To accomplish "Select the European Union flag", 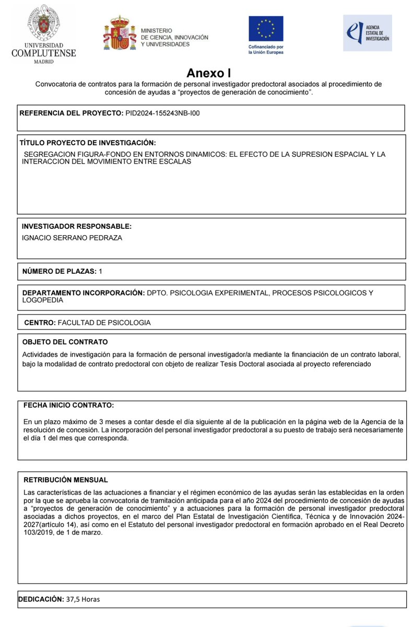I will [x=266, y=29].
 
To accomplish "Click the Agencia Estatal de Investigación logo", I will [x=367, y=32].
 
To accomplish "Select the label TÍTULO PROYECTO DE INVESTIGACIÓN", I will [x=88, y=143].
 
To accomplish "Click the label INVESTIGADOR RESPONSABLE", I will [x=76, y=226].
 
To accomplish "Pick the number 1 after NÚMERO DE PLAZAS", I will [x=100, y=271].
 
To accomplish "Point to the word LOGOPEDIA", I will [x=42, y=300].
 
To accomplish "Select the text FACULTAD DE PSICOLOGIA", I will [x=104, y=322].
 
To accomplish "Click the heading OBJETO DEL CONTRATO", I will [x=65, y=342].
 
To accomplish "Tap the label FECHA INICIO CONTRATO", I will [x=68, y=405].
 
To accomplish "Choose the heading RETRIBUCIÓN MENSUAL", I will [x=66, y=480].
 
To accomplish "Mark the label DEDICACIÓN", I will [x=41, y=599].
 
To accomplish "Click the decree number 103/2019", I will [x=40, y=532].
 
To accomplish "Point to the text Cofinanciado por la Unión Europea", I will [x=266, y=50].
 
